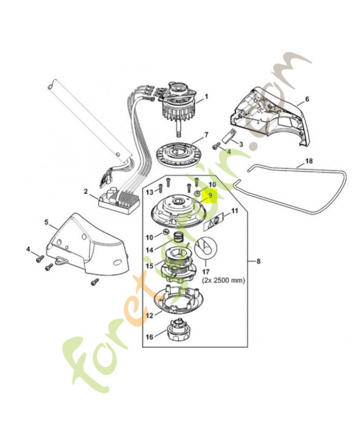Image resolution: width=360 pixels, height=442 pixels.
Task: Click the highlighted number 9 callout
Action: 210,196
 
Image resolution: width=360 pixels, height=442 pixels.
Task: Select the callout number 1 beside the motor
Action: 207,97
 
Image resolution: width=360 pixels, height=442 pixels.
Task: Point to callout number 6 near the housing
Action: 307,101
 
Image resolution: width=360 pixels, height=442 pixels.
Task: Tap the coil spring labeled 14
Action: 178,237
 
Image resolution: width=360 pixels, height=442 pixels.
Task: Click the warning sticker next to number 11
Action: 215,221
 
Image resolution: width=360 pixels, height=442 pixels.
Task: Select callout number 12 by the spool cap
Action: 150,315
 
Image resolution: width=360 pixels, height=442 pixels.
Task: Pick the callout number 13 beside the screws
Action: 150,191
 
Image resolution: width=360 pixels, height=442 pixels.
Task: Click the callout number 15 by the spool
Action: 150,266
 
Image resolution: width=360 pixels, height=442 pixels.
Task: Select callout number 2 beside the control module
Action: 86,191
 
